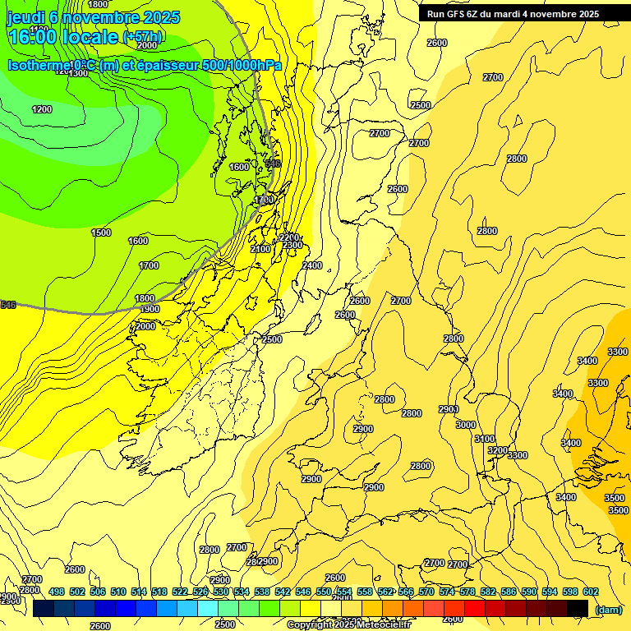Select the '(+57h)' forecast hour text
click(x=142, y=37)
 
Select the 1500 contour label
click(x=101, y=233)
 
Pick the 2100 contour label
click(x=260, y=249)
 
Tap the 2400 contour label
click(x=312, y=265)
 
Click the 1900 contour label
click(x=150, y=309)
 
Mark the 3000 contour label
click(x=466, y=425)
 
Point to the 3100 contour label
click(x=485, y=440)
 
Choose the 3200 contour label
click(x=497, y=450)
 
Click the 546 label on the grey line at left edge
click(x=8, y=305)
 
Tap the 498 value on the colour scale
click(x=57, y=592)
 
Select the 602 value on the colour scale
click(x=591, y=592)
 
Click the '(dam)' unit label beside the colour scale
click(x=609, y=609)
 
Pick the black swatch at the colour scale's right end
click(x=577, y=608)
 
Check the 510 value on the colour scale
click(x=118, y=592)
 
